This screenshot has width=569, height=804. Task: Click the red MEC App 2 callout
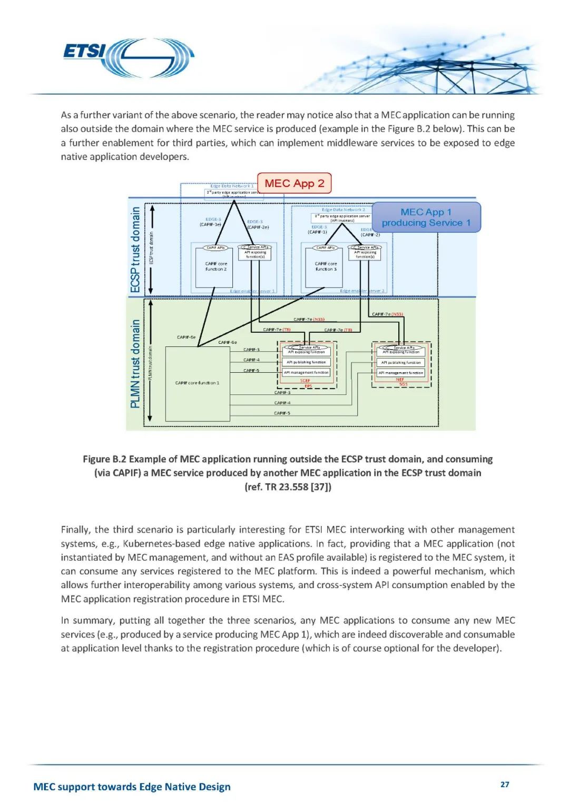tap(294, 183)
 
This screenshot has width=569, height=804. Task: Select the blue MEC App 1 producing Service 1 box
tap(426, 217)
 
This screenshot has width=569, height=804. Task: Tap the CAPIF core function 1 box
tap(198, 383)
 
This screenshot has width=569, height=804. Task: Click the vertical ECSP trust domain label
tap(135, 250)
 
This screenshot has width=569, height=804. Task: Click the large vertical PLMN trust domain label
tap(135, 363)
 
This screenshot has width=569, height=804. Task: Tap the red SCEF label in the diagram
tap(305, 380)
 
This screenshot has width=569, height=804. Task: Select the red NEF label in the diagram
tap(400, 379)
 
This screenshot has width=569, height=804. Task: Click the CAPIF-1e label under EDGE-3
tap(210, 224)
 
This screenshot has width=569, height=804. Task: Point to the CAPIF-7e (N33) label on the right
tap(387, 314)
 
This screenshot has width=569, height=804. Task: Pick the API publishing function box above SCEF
tap(307, 362)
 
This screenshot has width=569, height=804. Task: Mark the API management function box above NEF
tap(401, 373)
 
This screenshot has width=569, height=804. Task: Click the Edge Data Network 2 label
tap(343, 210)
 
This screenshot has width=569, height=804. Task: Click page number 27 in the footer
tap(505, 785)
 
